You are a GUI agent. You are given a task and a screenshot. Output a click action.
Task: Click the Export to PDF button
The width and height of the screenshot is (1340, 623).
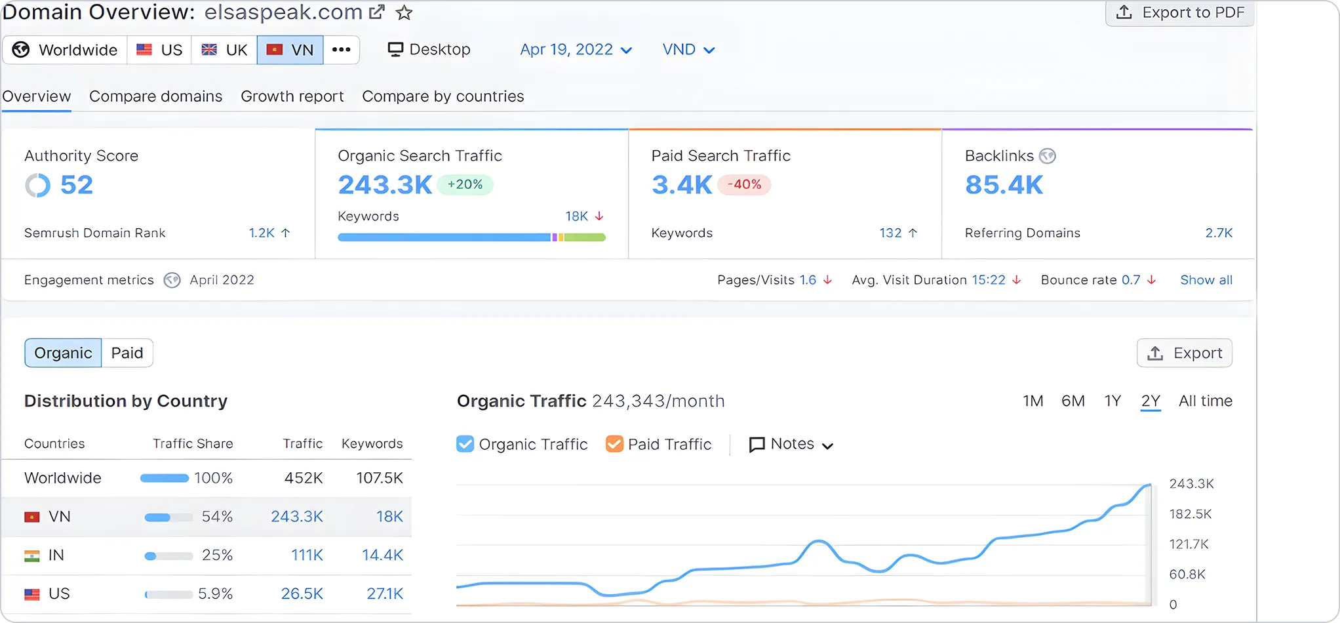1180,13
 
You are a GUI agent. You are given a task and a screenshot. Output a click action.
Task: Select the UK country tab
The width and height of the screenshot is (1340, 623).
224,50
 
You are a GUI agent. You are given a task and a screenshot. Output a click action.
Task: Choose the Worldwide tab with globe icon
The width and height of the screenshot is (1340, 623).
66,50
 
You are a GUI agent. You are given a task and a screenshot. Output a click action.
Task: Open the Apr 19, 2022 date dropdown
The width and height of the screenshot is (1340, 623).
576,50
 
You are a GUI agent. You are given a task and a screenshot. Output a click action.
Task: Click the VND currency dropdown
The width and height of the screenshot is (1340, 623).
688,50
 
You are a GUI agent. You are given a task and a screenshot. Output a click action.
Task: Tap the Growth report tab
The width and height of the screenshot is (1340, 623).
292,96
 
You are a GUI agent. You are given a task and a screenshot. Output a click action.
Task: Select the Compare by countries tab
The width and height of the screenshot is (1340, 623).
443,96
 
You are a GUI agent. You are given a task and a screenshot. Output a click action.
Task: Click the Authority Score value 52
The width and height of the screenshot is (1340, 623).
77,185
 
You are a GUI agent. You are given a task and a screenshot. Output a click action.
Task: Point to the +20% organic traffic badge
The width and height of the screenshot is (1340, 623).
465,185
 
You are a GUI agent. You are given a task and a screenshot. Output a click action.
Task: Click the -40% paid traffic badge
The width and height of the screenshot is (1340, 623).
744,185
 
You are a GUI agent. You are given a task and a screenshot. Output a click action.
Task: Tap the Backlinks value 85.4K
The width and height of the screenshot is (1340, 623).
1004,185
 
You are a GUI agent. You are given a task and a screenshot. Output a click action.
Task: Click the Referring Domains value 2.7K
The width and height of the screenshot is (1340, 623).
1219,233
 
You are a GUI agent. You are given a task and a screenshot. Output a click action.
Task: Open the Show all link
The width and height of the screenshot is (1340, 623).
1206,280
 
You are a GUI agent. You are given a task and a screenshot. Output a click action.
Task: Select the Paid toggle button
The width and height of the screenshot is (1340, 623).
127,353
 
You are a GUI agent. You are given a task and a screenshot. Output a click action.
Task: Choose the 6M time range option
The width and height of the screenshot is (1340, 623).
1073,401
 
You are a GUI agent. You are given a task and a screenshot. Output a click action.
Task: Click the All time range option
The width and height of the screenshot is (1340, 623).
1205,401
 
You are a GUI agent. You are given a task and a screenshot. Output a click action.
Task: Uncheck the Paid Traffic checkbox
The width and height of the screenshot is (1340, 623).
614,444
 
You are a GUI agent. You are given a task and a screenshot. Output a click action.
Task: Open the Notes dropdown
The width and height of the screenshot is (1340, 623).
791,444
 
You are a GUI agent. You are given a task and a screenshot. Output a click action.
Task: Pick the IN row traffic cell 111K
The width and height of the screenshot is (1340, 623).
307,555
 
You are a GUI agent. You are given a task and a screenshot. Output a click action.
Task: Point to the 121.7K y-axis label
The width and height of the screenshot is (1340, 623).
1189,544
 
